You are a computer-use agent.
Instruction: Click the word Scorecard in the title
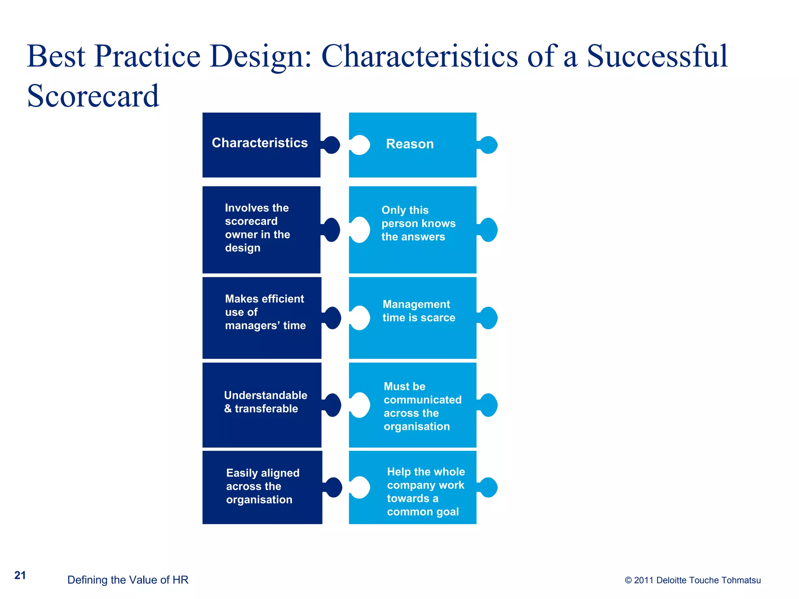pyautogui.click(x=93, y=96)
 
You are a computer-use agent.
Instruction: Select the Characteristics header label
pyautogui.click(x=259, y=143)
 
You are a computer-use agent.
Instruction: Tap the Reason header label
pyautogui.click(x=410, y=144)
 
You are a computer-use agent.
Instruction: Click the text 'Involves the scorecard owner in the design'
pyautogui.click(x=257, y=228)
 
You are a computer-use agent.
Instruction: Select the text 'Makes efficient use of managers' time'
pyautogui.click(x=265, y=312)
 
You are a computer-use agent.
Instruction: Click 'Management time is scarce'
pyautogui.click(x=419, y=311)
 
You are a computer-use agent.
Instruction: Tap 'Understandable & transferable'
pyautogui.click(x=265, y=402)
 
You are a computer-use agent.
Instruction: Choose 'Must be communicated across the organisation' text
pyautogui.click(x=422, y=406)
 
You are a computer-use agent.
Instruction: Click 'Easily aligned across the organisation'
pyautogui.click(x=263, y=486)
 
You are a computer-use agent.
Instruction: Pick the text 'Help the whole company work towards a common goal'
pyautogui.click(x=426, y=492)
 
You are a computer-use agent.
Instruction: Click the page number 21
pyautogui.click(x=20, y=575)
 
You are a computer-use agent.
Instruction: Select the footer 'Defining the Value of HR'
pyautogui.click(x=128, y=580)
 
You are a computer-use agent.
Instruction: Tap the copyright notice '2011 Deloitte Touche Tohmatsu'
pyautogui.click(x=692, y=580)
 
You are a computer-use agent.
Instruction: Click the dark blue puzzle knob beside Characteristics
pyautogui.click(x=332, y=145)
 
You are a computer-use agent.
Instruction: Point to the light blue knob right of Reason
pyautogui.click(x=488, y=145)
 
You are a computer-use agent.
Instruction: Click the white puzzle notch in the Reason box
pyautogui.click(x=360, y=145)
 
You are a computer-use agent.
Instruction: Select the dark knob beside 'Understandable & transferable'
pyautogui.click(x=333, y=405)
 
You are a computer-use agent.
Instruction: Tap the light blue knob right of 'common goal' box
pyautogui.click(x=488, y=487)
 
